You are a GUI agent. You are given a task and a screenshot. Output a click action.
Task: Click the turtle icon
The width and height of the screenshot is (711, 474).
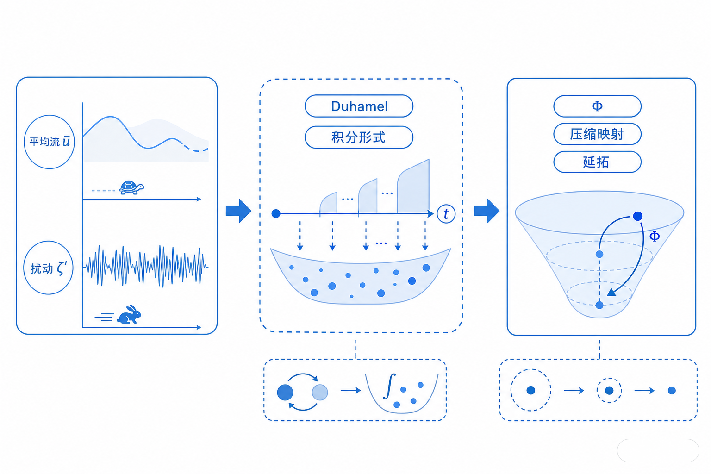(x=131, y=187)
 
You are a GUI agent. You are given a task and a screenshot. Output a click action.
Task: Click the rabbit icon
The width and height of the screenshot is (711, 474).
(x=129, y=315)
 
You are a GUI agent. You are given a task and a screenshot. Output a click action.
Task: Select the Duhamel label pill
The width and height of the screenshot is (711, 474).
(x=359, y=106)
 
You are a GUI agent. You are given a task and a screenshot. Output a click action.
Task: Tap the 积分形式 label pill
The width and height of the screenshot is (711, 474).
(x=359, y=137)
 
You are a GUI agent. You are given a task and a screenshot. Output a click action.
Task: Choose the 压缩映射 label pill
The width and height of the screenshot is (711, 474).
(x=597, y=134)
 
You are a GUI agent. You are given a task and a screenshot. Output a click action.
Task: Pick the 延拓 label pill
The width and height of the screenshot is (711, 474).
(x=597, y=162)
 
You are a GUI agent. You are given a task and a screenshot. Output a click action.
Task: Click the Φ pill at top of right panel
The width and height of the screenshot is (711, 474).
(x=597, y=106)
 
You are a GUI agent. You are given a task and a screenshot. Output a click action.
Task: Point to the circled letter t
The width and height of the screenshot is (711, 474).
(x=446, y=214)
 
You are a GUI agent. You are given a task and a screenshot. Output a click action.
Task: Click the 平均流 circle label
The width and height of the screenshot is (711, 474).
(x=50, y=142)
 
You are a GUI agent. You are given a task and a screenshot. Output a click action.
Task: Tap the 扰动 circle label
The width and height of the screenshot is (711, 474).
(x=48, y=268)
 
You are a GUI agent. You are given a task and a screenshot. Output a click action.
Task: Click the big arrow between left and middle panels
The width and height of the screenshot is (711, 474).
(x=238, y=211)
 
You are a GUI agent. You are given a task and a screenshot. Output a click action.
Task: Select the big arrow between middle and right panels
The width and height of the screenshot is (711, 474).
(x=486, y=211)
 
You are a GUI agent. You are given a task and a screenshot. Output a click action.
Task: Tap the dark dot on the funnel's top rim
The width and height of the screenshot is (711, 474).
(x=638, y=216)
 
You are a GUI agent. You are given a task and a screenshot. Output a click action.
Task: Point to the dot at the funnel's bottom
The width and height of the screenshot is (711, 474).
(x=599, y=305)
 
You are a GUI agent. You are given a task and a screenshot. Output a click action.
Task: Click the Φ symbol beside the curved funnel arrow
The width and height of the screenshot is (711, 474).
(x=655, y=236)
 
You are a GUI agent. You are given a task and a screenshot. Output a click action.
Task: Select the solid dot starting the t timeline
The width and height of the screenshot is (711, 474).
(x=276, y=214)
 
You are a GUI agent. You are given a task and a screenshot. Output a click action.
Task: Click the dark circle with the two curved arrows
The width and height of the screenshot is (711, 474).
(x=285, y=393)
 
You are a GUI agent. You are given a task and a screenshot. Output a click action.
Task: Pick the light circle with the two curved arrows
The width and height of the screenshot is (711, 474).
(x=320, y=393)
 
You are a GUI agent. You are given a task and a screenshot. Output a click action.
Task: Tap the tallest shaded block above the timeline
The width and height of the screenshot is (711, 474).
(x=413, y=187)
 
